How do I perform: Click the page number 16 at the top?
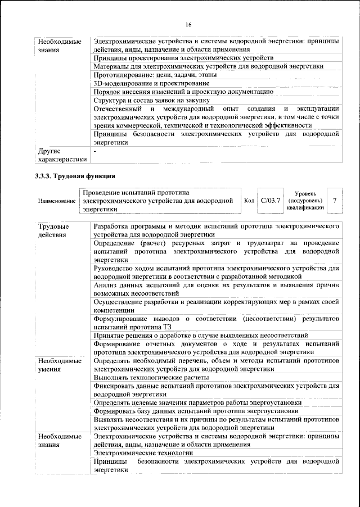[x=188, y=24]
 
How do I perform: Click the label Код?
[x=250, y=201]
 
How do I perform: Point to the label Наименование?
[x=57, y=201]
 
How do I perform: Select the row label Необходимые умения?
[x=57, y=364]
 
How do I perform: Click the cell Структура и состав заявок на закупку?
[x=156, y=100]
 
